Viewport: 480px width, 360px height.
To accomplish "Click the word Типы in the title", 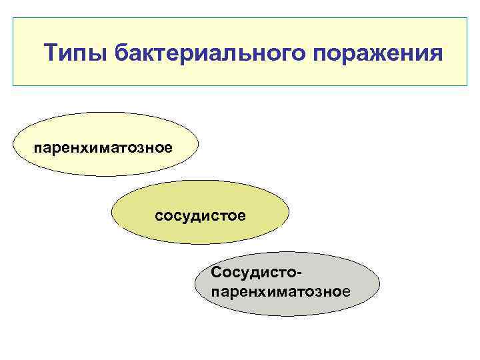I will [74, 53].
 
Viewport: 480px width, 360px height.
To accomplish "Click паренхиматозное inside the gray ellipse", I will [279, 291].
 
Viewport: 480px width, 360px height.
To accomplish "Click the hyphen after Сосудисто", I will [291, 273].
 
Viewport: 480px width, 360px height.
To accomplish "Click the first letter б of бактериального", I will [121, 53].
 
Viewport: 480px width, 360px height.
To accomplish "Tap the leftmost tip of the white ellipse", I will [14, 144].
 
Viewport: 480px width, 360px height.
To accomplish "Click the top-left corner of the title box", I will [13, 18].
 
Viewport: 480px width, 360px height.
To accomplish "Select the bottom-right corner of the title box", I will [467, 86].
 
